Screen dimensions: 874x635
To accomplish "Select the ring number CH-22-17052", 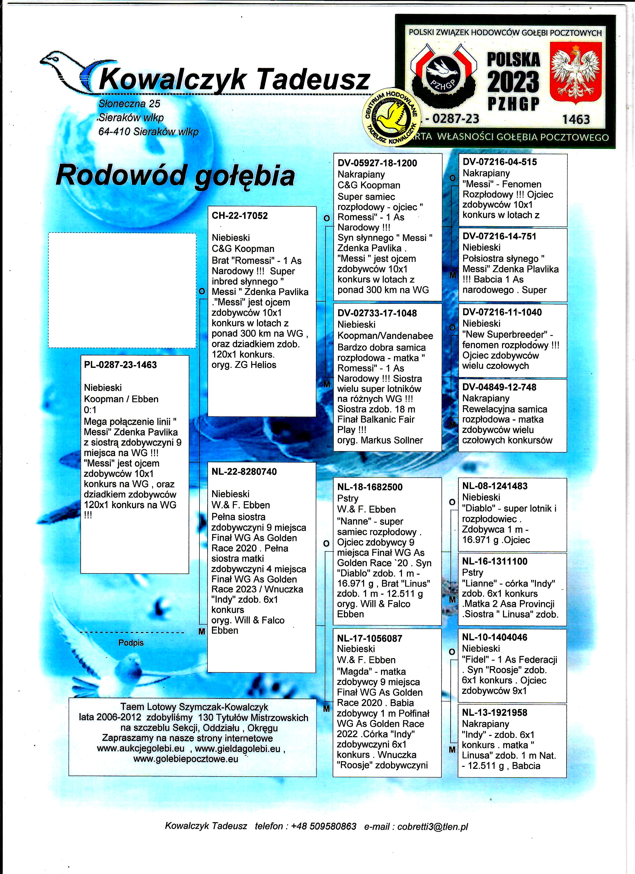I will (x=240, y=216).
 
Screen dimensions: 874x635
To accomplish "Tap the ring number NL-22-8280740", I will (x=244, y=472).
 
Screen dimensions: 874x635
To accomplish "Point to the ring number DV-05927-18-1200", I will (x=377, y=163).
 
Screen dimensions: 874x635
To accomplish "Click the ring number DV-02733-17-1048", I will (x=377, y=313).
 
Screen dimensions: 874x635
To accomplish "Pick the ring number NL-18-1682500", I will (x=370, y=487).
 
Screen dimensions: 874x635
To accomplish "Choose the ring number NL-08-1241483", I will (x=495, y=486).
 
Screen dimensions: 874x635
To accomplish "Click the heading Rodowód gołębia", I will (x=175, y=175).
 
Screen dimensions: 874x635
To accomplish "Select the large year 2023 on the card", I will (x=513, y=82).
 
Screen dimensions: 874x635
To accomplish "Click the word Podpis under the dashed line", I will (x=131, y=643).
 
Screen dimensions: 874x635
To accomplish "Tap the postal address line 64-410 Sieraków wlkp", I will (x=148, y=132).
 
